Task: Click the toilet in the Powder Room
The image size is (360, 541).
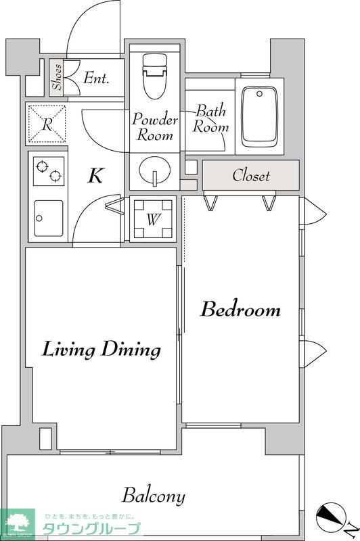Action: (155, 76)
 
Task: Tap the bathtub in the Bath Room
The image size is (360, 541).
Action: (260, 117)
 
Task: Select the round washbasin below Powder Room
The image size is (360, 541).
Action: (155, 170)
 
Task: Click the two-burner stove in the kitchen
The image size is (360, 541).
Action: (49, 171)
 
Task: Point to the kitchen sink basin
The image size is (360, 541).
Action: (49, 218)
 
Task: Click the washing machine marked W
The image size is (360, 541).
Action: (153, 218)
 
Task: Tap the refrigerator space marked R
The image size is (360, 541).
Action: (47, 124)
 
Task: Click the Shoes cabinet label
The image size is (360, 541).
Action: (57, 77)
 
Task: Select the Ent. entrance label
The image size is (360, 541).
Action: (96, 78)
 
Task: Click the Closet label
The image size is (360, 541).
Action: (251, 175)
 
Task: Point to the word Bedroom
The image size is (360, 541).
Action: (241, 309)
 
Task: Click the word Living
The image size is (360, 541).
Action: (68, 350)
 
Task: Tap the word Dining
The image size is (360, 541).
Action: (131, 350)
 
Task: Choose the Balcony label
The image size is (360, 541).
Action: (154, 496)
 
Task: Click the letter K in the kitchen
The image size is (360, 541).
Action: (95, 175)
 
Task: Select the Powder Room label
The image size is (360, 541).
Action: (155, 126)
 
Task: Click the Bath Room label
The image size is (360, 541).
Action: (210, 119)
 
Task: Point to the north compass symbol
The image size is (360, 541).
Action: (332, 517)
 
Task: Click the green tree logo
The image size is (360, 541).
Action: (18, 523)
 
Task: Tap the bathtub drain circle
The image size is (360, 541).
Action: (259, 94)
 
